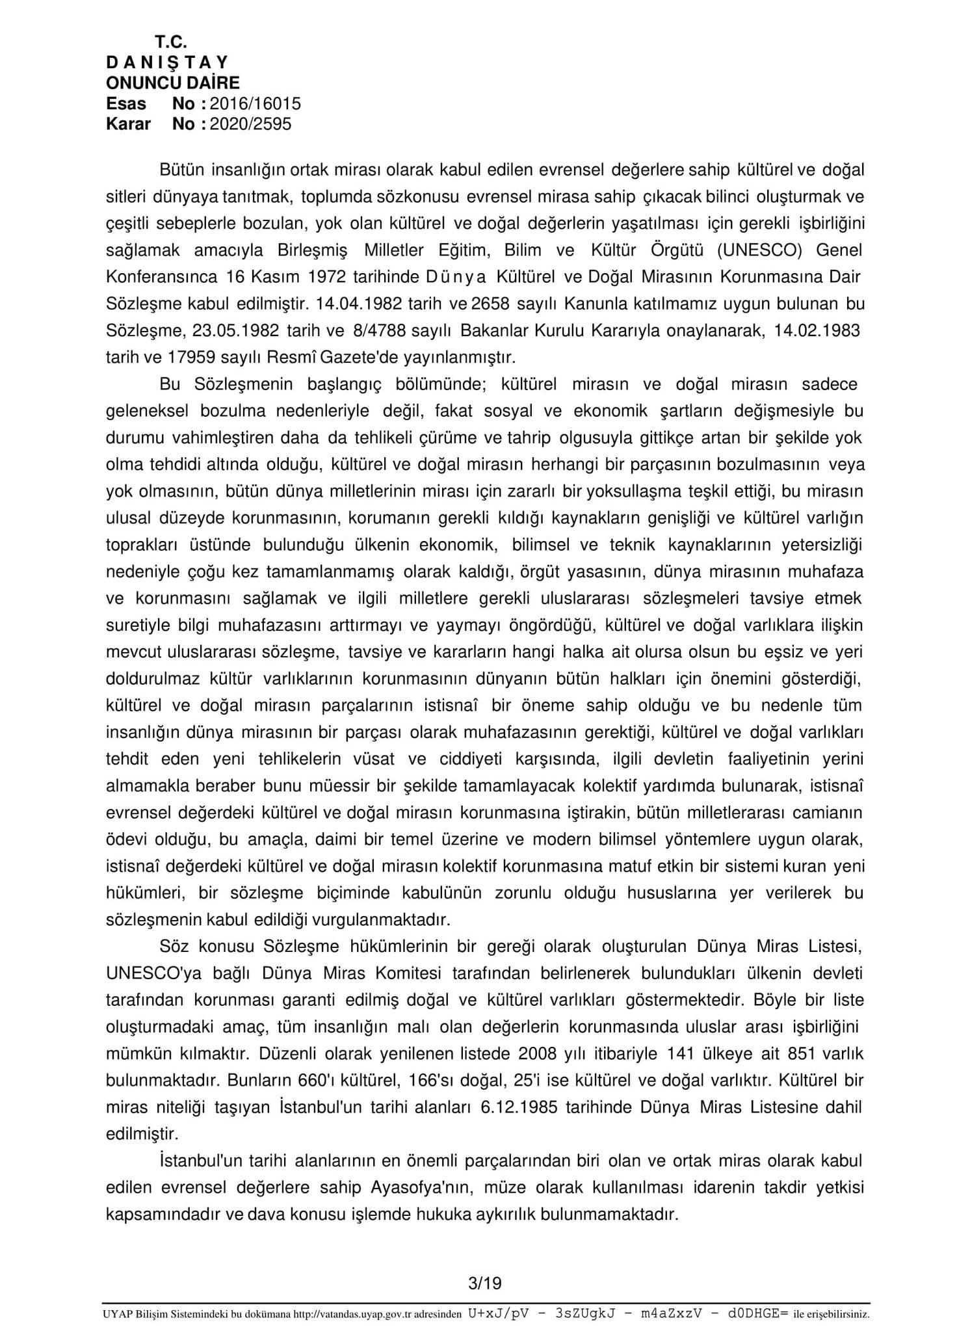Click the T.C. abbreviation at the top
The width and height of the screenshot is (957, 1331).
click(x=171, y=42)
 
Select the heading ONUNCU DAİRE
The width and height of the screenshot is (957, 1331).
click(x=173, y=83)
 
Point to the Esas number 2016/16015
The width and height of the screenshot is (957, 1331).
click(x=256, y=103)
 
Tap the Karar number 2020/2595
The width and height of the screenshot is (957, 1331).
click(x=251, y=124)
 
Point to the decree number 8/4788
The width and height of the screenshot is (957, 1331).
click(x=378, y=330)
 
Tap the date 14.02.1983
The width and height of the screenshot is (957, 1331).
click(x=817, y=330)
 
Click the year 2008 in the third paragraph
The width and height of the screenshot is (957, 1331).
click(x=539, y=1053)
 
